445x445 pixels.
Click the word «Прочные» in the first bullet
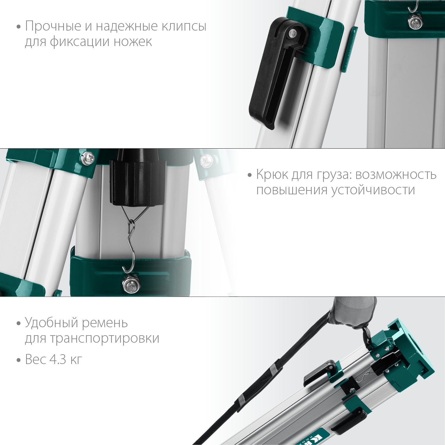pyautogui.click(x=53, y=26)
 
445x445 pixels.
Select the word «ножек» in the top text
pyautogui.click(x=133, y=42)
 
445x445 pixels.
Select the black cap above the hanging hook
pyautogui.click(x=137, y=181)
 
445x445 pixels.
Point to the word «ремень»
pyautogui.click(x=105, y=323)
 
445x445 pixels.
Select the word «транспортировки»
pyautogui.click(x=104, y=338)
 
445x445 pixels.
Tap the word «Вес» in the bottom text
pyautogui.click(x=35, y=360)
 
